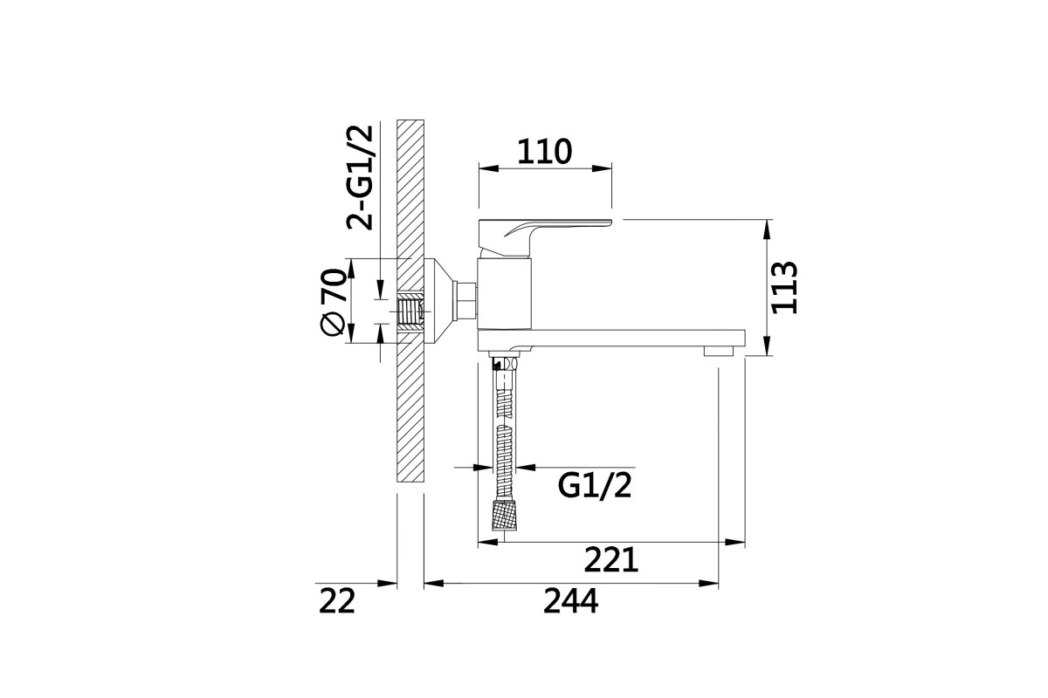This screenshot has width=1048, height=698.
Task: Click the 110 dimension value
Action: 545,152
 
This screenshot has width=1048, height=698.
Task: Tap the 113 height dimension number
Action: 784,287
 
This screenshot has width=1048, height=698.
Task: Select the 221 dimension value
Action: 611,559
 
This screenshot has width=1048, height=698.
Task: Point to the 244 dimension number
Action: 570,601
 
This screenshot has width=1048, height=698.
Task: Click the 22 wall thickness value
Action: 337,601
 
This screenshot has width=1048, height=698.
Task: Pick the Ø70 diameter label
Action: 334,302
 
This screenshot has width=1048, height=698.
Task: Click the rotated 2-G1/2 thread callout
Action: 360,178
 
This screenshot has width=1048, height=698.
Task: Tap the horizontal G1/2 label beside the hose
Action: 595,486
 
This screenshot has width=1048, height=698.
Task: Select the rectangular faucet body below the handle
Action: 505,294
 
